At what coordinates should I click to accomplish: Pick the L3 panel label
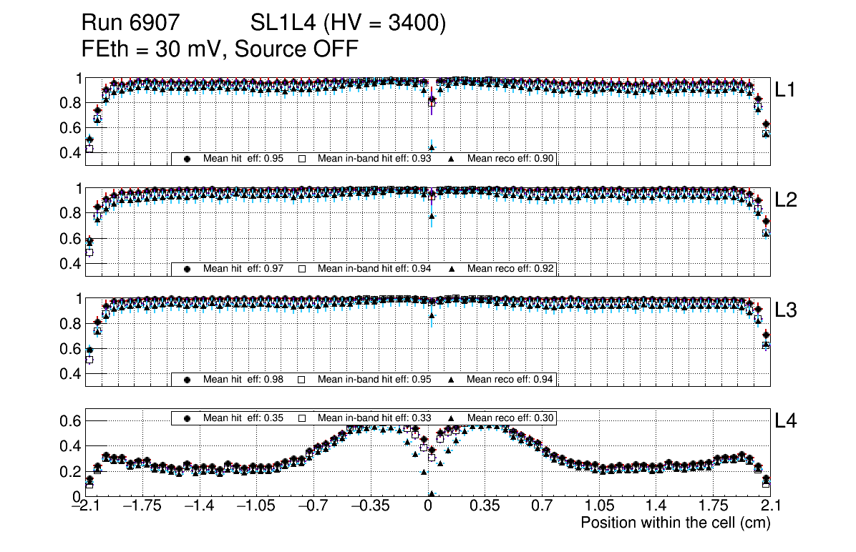pos(787,310)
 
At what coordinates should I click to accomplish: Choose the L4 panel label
pos(787,421)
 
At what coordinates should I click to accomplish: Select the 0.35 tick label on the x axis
pos(484,506)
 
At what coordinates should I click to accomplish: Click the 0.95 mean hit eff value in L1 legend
pos(279,158)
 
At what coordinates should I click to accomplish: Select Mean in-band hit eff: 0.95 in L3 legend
pos(374,379)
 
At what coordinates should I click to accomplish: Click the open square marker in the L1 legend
pos(302,158)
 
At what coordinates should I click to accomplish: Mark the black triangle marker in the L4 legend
pos(452,418)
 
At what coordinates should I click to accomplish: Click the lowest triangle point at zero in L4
pos(431,493)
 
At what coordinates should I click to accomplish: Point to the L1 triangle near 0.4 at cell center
pos(432,147)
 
